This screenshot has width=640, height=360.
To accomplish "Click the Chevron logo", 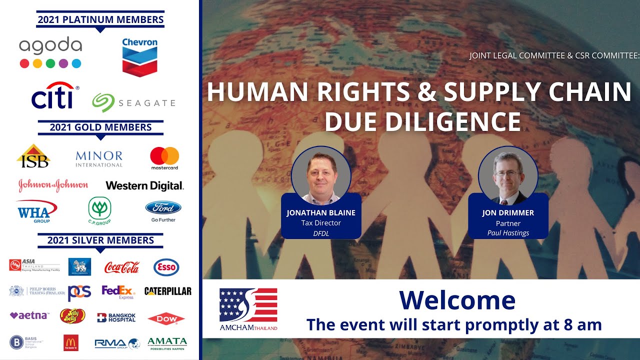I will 139,57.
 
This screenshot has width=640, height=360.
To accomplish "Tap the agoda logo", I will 50,52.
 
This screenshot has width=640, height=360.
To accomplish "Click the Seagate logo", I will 133,102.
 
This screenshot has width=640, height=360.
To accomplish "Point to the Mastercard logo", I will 164,158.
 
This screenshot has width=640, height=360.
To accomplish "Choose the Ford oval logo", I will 163,208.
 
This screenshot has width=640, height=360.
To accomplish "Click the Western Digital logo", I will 144,186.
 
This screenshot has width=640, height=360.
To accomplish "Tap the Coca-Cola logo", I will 121,267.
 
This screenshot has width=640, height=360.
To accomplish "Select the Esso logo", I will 166,267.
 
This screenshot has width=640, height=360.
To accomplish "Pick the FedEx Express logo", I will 118,291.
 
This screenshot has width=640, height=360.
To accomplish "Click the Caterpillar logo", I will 167,291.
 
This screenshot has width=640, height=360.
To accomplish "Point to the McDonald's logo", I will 71,342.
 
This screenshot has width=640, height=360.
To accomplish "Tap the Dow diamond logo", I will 166,318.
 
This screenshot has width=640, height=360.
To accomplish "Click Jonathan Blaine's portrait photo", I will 321,175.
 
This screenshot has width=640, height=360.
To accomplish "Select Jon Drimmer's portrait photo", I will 507,175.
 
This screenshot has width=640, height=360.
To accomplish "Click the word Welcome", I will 457,300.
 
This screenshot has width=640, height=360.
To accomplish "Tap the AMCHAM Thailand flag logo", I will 248,305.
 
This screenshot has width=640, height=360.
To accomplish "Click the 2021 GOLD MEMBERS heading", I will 100,127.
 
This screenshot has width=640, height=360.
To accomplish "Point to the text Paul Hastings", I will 508,233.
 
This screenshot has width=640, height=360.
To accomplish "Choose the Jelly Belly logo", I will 72,316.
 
